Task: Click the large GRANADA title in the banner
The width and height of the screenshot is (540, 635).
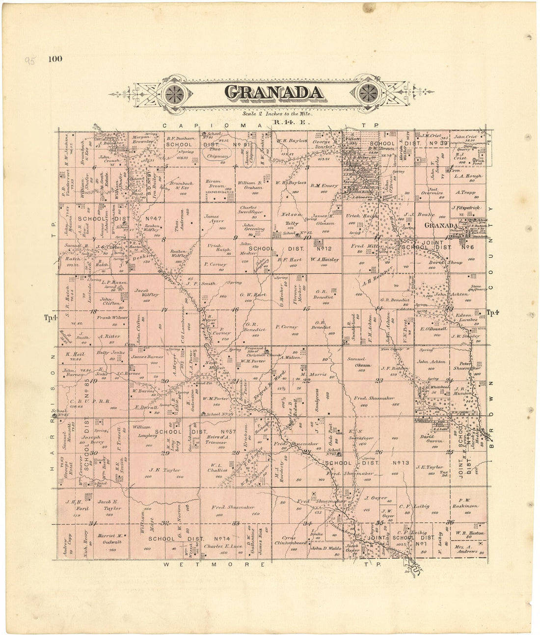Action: (274, 92)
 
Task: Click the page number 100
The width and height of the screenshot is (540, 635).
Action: (55, 59)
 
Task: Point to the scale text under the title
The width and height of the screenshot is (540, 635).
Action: (274, 113)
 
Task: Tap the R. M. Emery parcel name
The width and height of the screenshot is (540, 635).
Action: (324, 185)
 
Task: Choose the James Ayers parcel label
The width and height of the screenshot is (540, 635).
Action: (215, 218)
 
